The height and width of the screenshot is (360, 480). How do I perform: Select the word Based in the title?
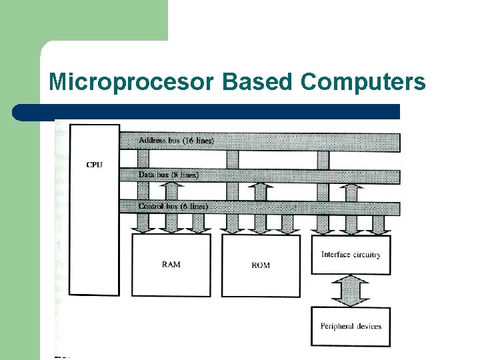click(x=257, y=82)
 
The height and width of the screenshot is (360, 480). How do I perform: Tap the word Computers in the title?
click(x=363, y=82)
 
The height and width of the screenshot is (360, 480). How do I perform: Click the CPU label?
click(x=95, y=165)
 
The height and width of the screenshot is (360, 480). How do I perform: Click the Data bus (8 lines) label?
click(x=168, y=175)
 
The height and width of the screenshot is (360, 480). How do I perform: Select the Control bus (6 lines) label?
click(x=173, y=207)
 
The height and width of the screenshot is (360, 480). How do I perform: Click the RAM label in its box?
click(x=171, y=265)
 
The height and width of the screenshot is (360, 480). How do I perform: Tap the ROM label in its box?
click(x=261, y=265)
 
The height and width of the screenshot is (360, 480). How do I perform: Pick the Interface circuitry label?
click(x=351, y=255)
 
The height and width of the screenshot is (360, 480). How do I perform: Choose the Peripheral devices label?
click(x=351, y=326)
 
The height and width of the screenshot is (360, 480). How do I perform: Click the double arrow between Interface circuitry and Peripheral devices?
click(x=351, y=291)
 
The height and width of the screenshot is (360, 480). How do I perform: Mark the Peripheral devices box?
click(x=351, y=333)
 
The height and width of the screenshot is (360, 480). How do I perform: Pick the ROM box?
click(x=261, y=280)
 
